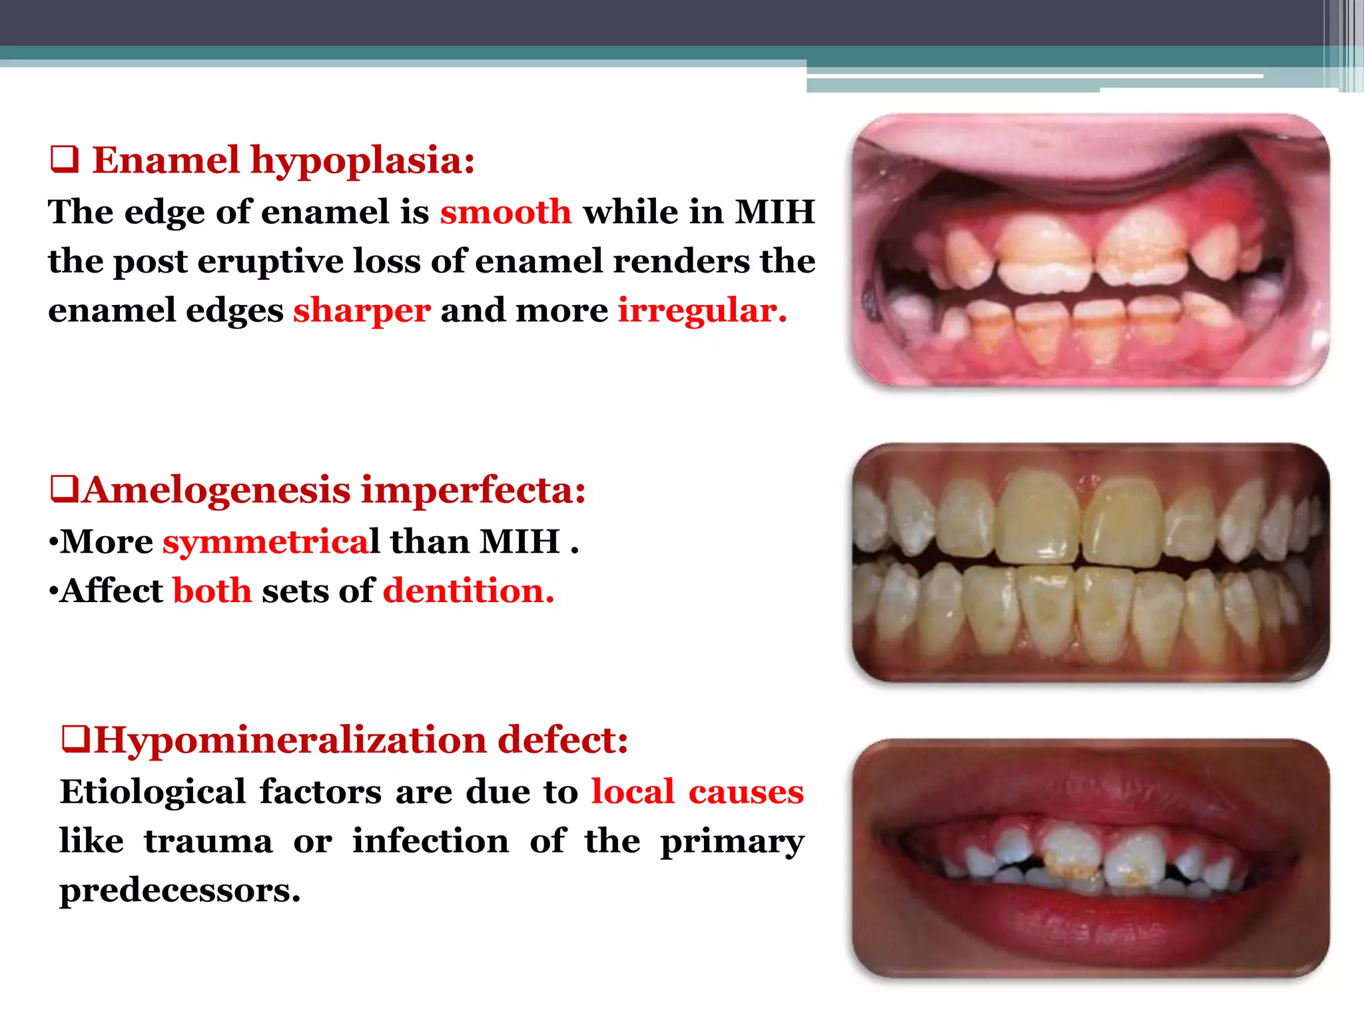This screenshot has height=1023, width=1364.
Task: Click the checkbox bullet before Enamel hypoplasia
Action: point(65,161)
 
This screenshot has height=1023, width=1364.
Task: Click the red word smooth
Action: point(506,212)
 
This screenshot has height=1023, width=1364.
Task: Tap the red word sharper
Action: point(362,311)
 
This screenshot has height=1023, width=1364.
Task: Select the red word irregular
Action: point(702,311)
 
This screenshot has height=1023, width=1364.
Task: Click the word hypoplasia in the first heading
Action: point(362,162)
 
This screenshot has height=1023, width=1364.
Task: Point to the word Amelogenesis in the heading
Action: point(217,490)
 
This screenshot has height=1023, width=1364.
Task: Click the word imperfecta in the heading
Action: point(473,490)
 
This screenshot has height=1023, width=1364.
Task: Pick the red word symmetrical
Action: point(270,541)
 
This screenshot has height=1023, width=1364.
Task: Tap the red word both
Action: point(212,591)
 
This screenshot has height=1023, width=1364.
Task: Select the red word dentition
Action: point(468,591)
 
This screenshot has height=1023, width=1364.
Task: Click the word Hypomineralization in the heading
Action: point(290,740)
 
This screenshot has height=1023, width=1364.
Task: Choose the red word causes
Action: point(746,792)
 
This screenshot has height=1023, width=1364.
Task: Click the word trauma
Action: point(208,841)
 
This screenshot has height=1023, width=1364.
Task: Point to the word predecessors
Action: point(180,890)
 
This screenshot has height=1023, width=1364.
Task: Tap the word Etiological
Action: point(153,792)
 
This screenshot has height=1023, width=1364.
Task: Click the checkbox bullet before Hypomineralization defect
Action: point(75,739)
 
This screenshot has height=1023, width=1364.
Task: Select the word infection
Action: point(431,841)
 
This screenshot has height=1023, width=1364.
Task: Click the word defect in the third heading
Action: point(563,740)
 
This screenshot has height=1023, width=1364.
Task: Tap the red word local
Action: point(633,792)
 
